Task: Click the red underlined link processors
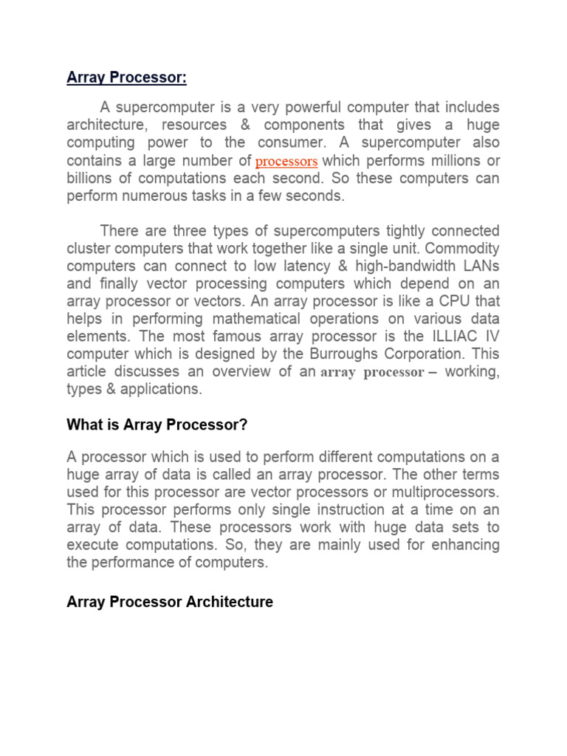pyautogui.click(x=286, y=161)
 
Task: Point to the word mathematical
pyautogui.click(x=247, y=319)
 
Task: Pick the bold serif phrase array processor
pyautogui.click(x=372, y=373)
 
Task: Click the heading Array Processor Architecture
pyautogui.click(x=170, y=602)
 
